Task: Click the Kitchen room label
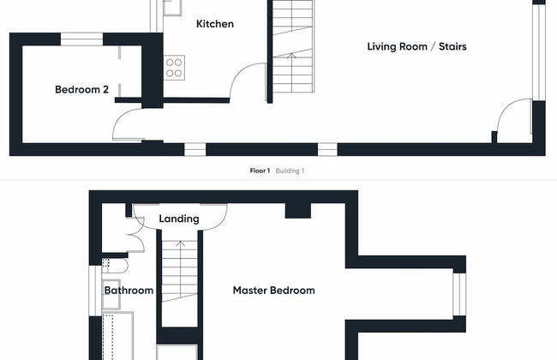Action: (x=215, y=24)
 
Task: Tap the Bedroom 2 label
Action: (x=81, y=89)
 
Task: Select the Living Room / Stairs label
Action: (x=416, y=46)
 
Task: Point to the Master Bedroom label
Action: (x=273, y=291)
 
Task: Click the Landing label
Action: (x=179, y=219)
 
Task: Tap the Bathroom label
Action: (x=129, y=291)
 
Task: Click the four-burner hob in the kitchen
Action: (x=174, y=68)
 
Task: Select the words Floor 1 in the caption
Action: (x=260, y=171)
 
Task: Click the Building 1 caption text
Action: (x=290, y=171)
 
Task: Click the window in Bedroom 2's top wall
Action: (x=81, y=39)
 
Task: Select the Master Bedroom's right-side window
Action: (x=459, y=294)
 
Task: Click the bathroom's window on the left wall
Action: (x=95, y=291)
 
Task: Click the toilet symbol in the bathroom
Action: (x=115, y=266)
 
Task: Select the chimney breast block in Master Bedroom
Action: (x=298, y=211)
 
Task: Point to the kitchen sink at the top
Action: (x=172, y=8)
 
